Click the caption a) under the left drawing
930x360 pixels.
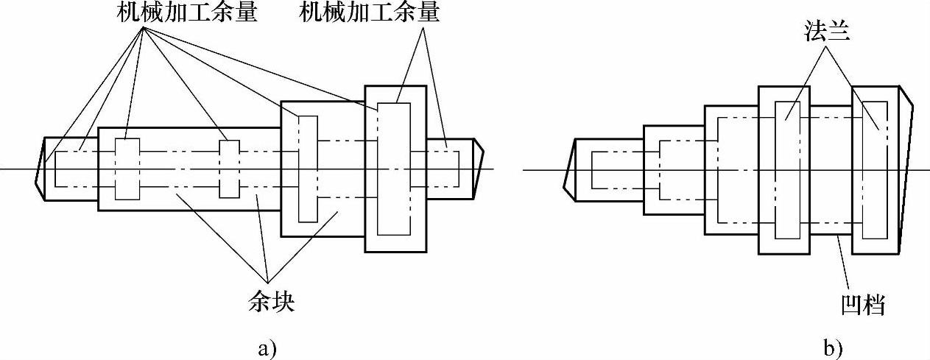tap(267, 347)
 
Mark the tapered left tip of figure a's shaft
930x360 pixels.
tap(40, 169)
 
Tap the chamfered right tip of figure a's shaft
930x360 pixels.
tap(478, 169)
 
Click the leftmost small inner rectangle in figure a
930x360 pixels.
tap(126, 169)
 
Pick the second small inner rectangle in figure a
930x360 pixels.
tap(230, 169)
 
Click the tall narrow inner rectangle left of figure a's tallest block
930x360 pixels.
tap(307, 169)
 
